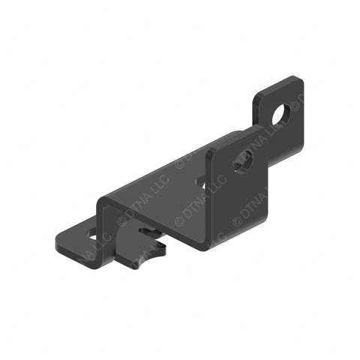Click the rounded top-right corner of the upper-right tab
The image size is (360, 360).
[x=299, y=80]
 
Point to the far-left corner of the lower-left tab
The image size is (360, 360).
[x=58, y=241]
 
